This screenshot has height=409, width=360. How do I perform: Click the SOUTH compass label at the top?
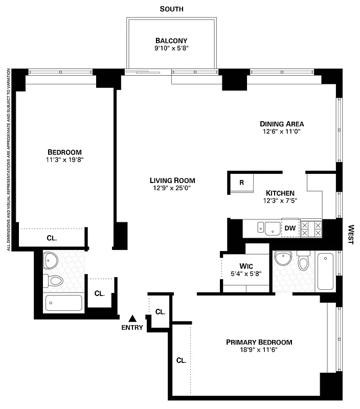point(171,9)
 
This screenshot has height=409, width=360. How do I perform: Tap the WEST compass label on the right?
point(351,234)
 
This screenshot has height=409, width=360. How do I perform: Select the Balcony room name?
point(171,41)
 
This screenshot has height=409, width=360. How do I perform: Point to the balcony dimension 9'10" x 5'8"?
point(171,50)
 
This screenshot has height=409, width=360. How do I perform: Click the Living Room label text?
point(172,180)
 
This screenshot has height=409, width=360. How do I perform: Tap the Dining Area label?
point(282,124)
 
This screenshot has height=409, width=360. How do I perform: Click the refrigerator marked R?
point(241,183)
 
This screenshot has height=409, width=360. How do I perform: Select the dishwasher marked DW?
point(290,228)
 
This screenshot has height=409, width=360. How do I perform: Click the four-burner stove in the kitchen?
point(311,228)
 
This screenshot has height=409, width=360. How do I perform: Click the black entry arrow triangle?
point(132,319)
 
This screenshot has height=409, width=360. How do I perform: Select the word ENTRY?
point(132,328)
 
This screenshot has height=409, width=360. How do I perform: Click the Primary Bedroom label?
point(259,342)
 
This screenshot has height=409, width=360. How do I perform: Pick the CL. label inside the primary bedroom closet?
point(181,360)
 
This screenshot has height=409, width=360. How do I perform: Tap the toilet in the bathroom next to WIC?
point(303,262)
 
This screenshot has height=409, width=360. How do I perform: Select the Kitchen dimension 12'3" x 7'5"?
point(280,201)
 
